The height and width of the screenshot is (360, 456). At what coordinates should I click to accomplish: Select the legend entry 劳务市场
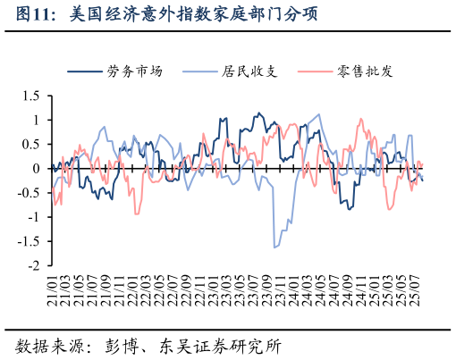click(x=134, y=71)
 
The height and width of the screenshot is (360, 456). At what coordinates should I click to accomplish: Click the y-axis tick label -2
click(x=34, y=265)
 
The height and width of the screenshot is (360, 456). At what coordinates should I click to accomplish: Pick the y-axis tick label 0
click(x=37, y=168)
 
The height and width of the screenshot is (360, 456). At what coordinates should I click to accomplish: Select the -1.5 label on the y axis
click(x=29, y=241)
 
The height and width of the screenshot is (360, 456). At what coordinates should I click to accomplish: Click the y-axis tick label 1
click(x=37, y=120)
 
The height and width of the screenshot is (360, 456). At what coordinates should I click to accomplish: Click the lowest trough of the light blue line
click(x=274, y=247)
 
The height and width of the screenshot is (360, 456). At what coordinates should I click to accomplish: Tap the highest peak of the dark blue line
click(x=259, y=113)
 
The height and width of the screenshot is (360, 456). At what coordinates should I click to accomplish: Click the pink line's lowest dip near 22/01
click(x=137, y=213)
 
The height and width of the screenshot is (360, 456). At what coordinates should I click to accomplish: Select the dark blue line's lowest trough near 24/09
click(x=349, y=209)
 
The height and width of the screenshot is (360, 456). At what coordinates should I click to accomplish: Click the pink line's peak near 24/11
click(x=361, y=118)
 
